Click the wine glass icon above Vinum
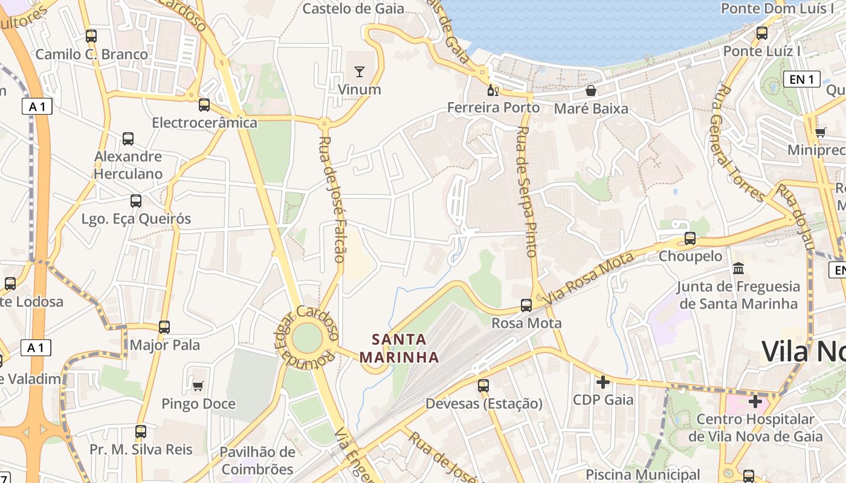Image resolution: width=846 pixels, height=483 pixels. pyautogui.click(x=360, y=72)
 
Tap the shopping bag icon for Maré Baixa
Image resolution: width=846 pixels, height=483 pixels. pyautogui.click(x=591, y=91)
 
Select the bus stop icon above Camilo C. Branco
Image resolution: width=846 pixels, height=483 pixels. pyautogui.click(x=91, y=36)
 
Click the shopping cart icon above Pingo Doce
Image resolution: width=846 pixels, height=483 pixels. pyautogui.click(x=198, y=386)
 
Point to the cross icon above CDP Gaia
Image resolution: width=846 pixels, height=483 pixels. pyautogui.click(x=603, y=382)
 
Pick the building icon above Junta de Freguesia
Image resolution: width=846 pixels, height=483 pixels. pyautogui.click(x=738, y=268)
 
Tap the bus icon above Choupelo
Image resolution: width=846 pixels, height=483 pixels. pyautogui.click(x=689, y=238)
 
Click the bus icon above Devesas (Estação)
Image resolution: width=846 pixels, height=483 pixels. pyautogui.click(x=483, y=385)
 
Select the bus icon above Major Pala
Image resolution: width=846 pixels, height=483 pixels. pyautogui.click(x=164, y=327)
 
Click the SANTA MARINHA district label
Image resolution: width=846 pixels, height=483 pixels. pyautogui.click(x=399, y=348)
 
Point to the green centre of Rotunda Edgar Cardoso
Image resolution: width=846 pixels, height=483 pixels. pyautogui.click(x=306, y=339)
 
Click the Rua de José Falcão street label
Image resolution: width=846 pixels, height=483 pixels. pyautogui.click(x=332, y=199)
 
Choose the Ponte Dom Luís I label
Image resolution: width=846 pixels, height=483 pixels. pyautogui.click(x=777, y=8)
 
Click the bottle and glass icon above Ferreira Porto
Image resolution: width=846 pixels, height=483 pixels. pyautogui.click(x=493, y=91)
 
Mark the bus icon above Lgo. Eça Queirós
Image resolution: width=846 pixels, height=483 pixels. pyautogui.click(x=136, y=201)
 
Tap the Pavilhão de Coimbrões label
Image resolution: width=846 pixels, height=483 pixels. pyautogui.click(x=257, y=461)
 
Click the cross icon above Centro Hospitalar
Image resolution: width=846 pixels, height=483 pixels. pyautogui.click(x=755, y=401)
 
